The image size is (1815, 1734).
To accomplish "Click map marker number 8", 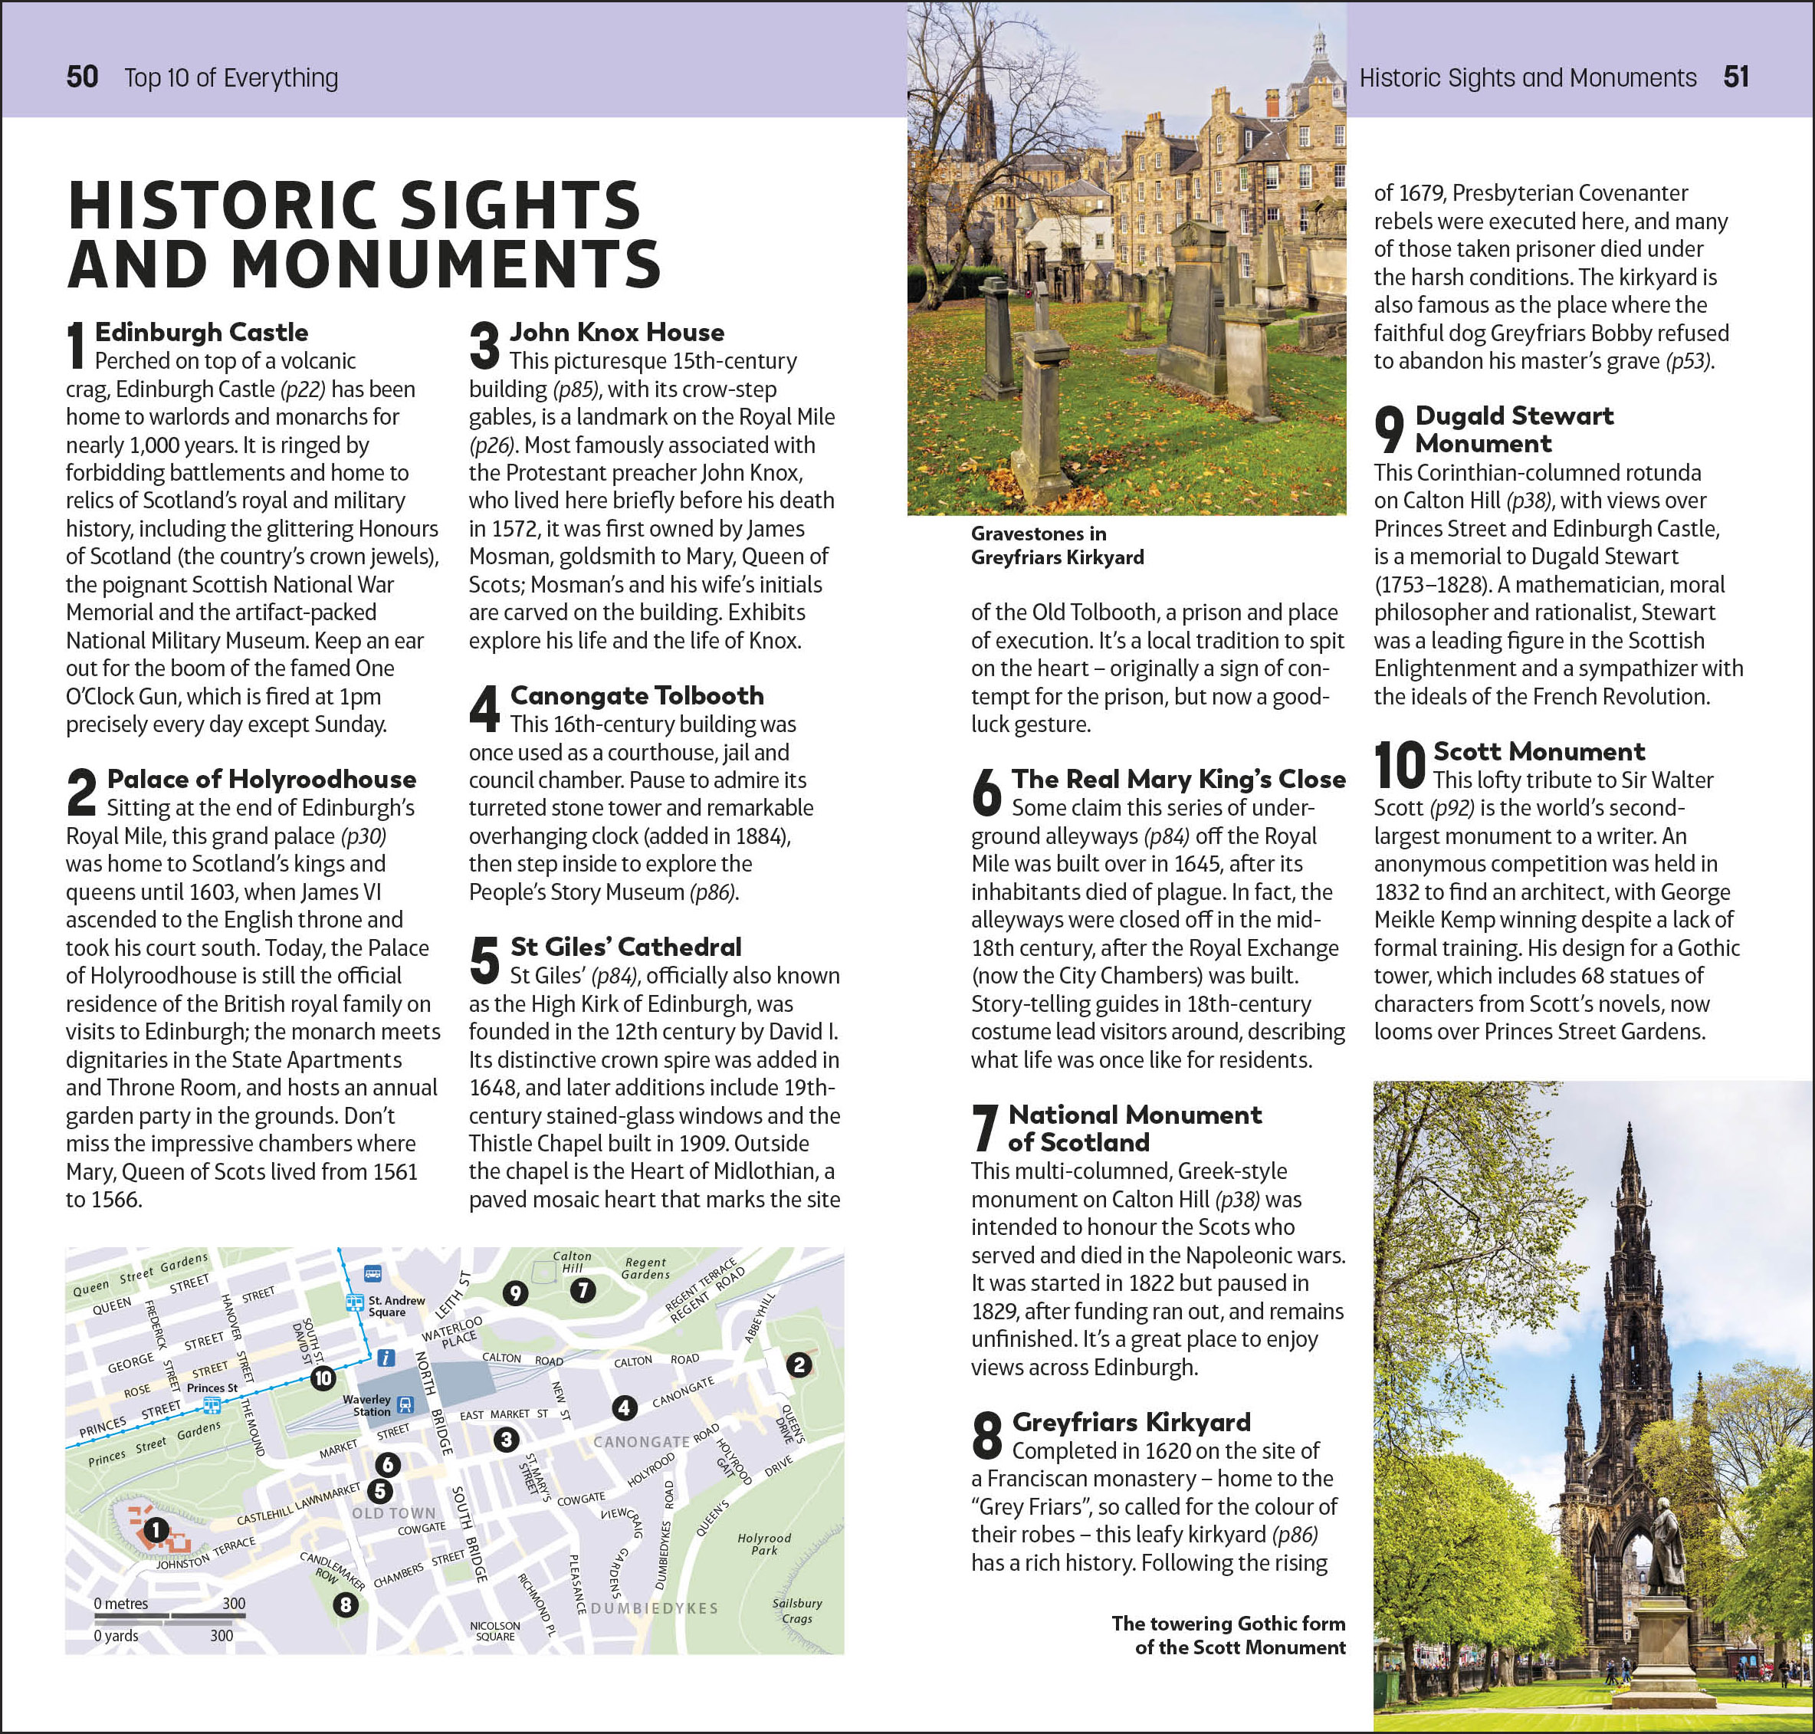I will click(x=346, y=1604).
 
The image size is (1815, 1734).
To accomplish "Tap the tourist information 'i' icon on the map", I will click(x=387, y=1358).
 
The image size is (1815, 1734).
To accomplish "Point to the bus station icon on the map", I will click(x=373, y=1274).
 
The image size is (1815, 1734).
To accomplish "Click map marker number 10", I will click(x=323, y=1379).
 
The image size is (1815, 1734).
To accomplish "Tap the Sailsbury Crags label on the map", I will click(x=796, y=1610).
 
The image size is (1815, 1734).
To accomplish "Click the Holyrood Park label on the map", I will click(x=764, y=1544).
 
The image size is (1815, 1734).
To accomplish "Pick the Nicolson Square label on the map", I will click(x=494, y=1631).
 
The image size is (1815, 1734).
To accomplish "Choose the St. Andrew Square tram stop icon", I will click(x=354, y=1302).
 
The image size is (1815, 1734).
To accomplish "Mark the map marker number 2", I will click(x=799, y=1365).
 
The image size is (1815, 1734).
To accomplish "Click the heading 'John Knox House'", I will click(x=616, y=332).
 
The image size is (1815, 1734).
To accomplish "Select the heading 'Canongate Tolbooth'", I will click(x=637, y=695).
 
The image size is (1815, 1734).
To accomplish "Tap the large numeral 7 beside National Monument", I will click(x=985, y=1128).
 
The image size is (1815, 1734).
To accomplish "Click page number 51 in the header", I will click(x=1735, y=77).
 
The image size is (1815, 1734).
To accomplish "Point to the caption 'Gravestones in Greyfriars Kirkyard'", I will click(x=1056, y=545).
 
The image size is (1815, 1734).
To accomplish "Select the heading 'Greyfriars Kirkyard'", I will click(x=1131, y=1421).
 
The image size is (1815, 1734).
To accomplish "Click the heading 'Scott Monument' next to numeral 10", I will click(x=1538, y=751).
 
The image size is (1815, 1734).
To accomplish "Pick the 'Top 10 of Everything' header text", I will click(x=231, y=77).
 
